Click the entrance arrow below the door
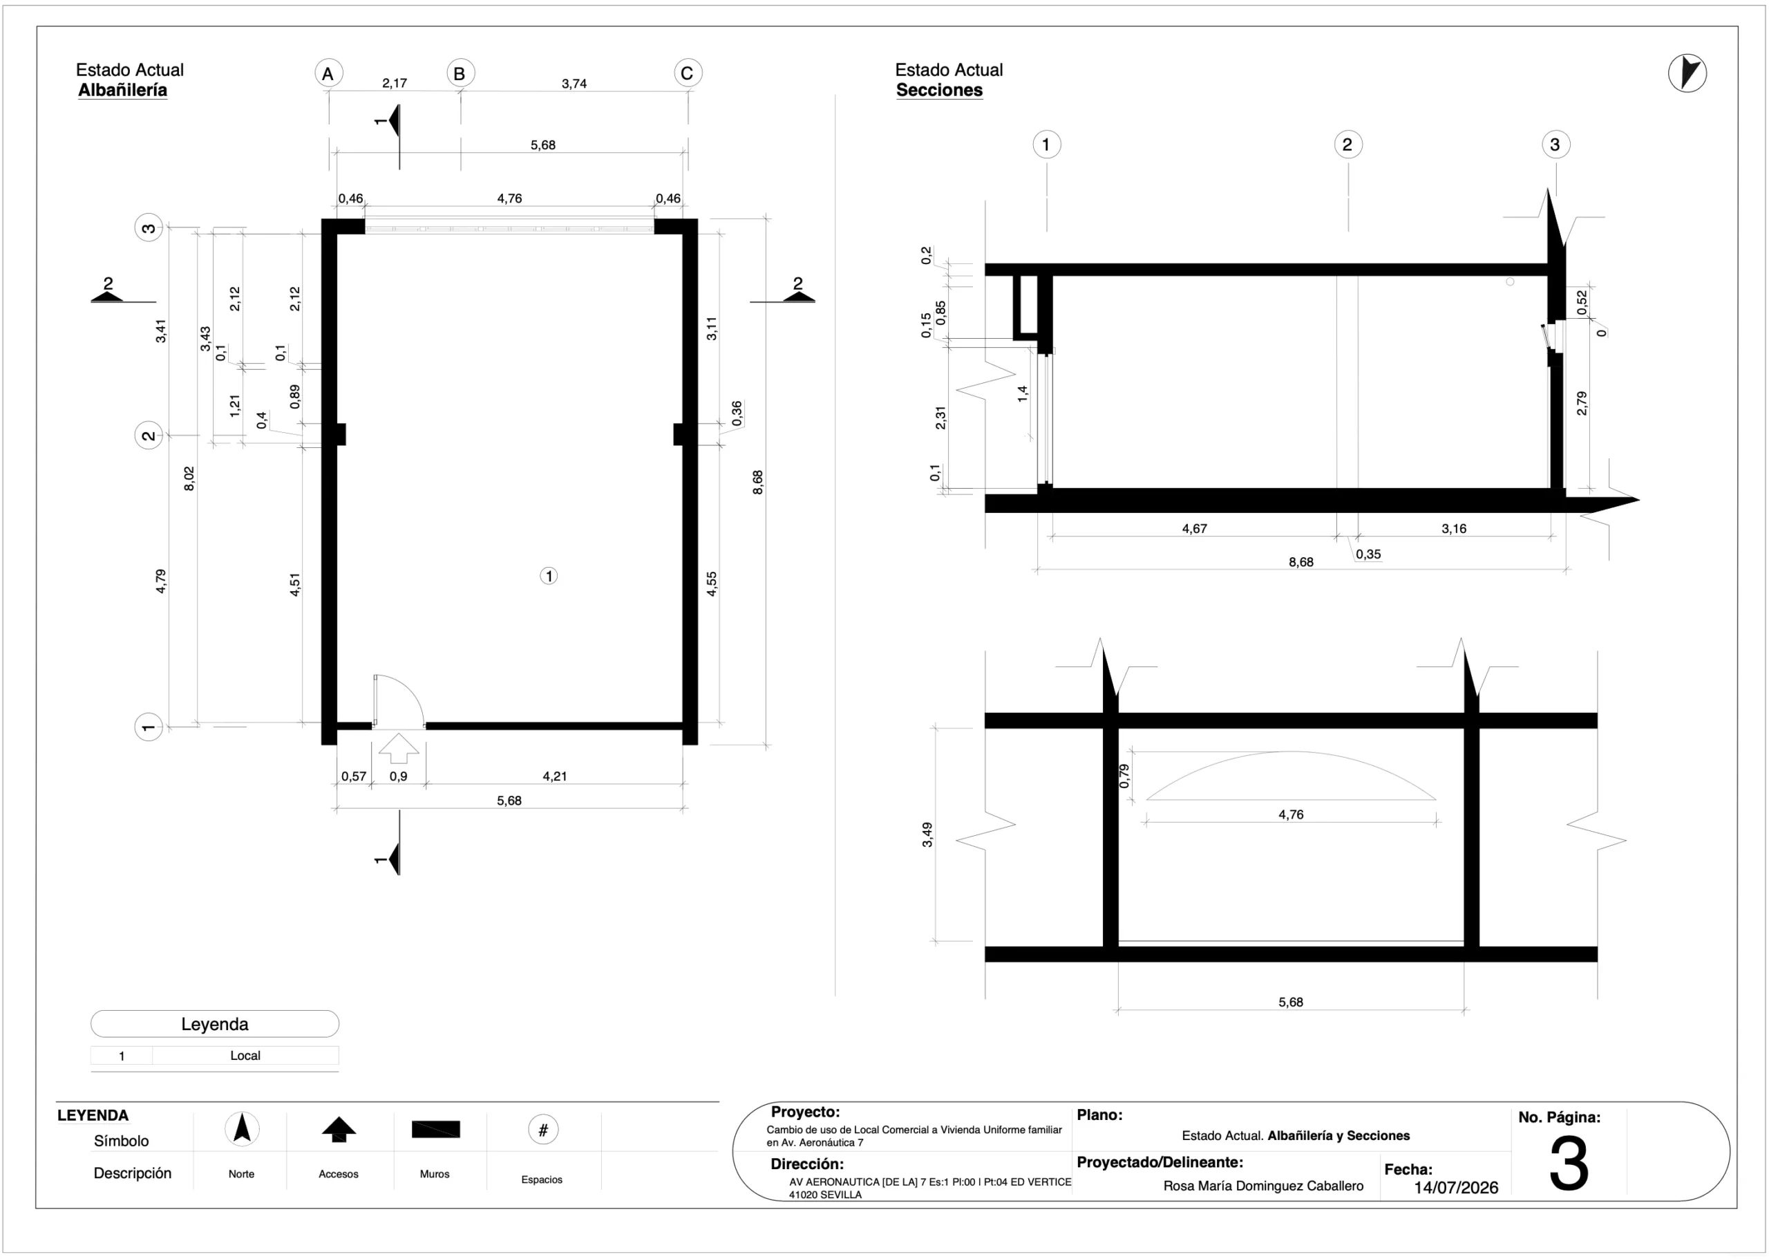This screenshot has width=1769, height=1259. click(399, 748)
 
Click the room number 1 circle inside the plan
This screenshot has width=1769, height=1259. click(549, 576)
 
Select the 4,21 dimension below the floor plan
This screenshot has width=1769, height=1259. click(555, 776)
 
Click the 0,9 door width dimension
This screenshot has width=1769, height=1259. click(398, 776)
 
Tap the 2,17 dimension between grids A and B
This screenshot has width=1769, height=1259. click(395, 83)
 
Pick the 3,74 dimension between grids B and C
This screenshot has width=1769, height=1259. click(574, 84)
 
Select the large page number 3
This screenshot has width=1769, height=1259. click(1569, 1164)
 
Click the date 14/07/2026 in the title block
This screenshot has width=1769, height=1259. click(1456, 1188)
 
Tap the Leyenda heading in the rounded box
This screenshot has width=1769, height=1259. click(215, 1024)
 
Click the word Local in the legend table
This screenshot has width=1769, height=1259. click(245, 1056)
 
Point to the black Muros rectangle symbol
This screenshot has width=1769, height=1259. click(435, 1129)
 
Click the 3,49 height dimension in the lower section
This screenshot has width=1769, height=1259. click(927, 835)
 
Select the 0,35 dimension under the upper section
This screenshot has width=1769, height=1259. click(1368, 554)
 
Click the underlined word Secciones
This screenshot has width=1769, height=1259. click(939, 90)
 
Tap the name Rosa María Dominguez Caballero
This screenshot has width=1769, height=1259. click(1263, 1186)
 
